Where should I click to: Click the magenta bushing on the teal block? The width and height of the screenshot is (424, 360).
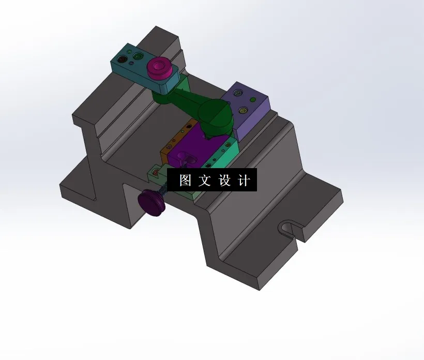pos(159,67)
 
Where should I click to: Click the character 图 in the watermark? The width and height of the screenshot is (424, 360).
pos(186,181)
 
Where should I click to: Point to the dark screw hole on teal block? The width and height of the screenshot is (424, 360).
pos(122,59)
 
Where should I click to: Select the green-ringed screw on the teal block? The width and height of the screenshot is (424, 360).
pos(137,55)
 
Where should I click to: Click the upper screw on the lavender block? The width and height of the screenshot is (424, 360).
pos(238,93)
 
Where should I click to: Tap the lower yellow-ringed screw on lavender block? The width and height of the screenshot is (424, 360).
pos(243,110)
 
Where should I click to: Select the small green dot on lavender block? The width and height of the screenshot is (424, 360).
pos(252,99)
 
